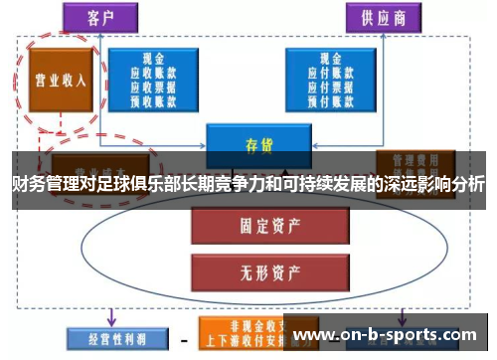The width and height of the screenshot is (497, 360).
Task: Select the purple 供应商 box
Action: click(x=383, y=18)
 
